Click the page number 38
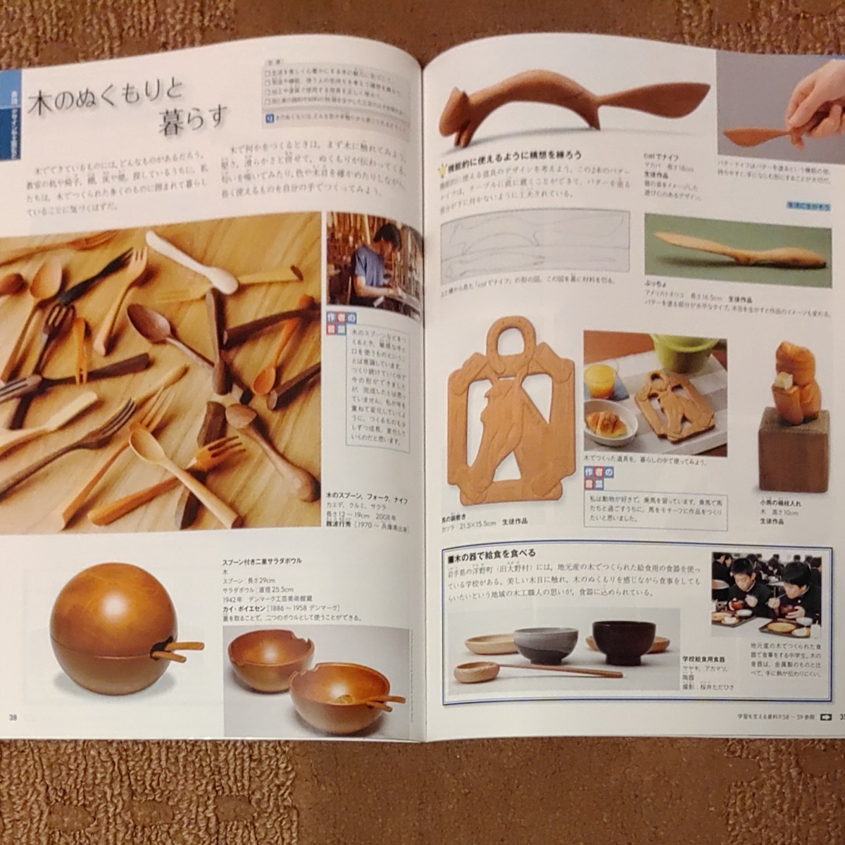(13, 717)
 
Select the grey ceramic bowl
(545, 644)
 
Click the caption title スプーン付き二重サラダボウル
(261, 561)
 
